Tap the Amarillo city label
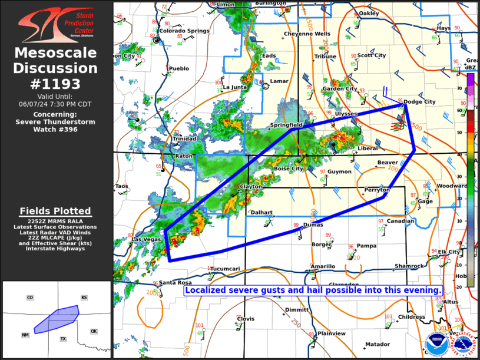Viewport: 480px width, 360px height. (x=323, y=266)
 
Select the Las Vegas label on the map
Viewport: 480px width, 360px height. (x=145, y=239)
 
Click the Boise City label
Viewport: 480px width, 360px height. (x=289, y=169)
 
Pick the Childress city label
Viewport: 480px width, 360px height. (x=411, y=317)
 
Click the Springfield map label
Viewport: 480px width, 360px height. (x=286, y=125)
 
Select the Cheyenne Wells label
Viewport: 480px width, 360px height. (x=307, y=34)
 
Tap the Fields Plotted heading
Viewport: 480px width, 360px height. (x=55, y=211)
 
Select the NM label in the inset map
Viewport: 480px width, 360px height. (x=25, y=335)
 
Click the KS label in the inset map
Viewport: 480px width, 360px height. (x=84, y=298)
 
